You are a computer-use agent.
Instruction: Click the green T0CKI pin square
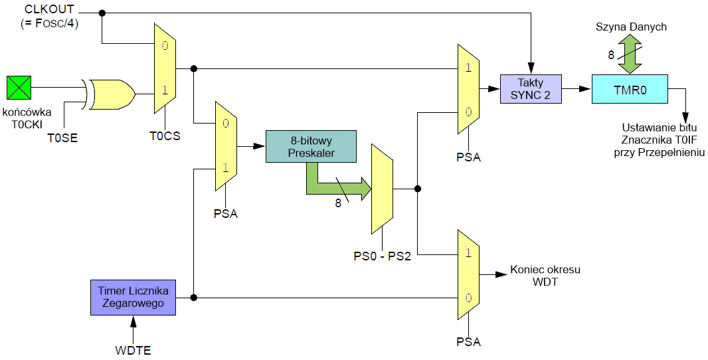tap(19, 86)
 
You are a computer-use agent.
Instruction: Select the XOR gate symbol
tap(112, 94)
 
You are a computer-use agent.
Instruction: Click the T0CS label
tap(164, 135)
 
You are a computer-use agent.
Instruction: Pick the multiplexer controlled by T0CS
tap(164, 68)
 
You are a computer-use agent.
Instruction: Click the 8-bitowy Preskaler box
tap(311, 146)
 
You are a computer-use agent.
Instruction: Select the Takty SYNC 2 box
tap(530, 89)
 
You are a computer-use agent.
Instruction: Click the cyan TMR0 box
tap(629, 88)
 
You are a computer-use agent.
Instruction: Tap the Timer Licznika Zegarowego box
tap(133, 297)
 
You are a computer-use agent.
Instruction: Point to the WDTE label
tap(133, 349)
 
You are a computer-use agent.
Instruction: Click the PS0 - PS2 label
tap(383, 255)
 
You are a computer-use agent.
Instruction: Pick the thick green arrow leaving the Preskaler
tap(335, 186)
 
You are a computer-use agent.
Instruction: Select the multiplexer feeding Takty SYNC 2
tap(468, 89)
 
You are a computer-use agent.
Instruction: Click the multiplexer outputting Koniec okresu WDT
tap(468, 274)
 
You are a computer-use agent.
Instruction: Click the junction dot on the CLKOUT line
tap(102, 13)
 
